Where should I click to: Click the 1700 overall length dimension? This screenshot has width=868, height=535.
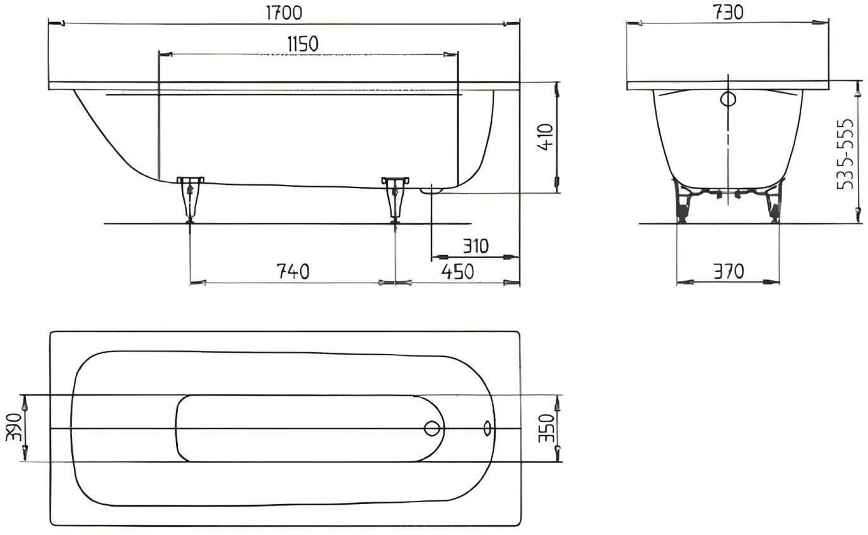click(x=284, y=13)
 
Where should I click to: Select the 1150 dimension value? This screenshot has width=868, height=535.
click(x=303, y=44)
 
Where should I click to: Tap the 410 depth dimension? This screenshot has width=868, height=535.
click(x=546, y=137)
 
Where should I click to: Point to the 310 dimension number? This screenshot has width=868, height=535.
click(x=476, y=246)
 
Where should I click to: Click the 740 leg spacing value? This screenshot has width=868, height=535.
click(x=293, y=271)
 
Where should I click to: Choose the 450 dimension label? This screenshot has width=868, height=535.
click(x=457, y=271)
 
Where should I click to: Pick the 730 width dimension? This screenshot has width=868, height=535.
click(x=728, y=13)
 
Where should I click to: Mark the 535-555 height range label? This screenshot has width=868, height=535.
click(x=845, y=154)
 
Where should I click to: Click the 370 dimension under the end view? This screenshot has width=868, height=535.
click(x=729, y=271)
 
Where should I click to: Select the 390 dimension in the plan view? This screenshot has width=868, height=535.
click(x=14, y=427)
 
